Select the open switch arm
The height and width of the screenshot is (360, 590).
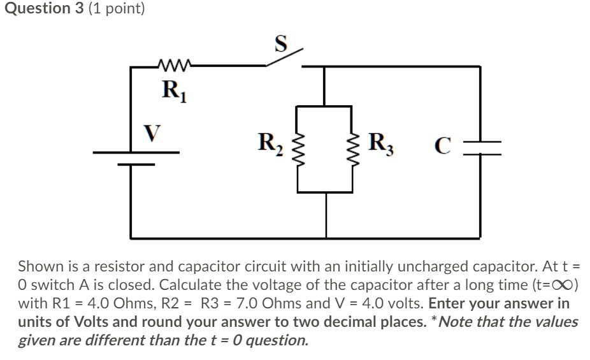(x=284, y=56)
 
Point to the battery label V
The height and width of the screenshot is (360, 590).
(x=151, y=133)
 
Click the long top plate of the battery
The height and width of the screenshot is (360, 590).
(x=136, y=152)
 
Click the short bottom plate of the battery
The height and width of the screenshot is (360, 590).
(x=134, y=164)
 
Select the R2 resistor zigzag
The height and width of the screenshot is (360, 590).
(x=297, y=148)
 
